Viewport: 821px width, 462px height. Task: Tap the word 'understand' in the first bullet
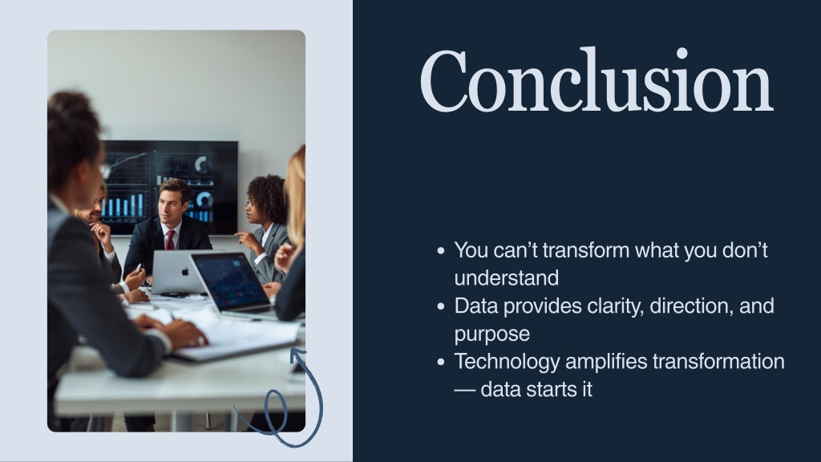(x=507, y=278)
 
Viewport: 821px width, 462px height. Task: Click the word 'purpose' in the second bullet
(x=492, y=334)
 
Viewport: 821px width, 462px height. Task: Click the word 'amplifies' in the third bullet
(x=606, y=362)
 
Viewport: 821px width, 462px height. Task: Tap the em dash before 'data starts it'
(x=465, y=390)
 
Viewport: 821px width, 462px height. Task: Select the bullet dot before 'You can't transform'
(x=441, y=251)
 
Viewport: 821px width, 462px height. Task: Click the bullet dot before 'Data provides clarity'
(x=441, y=306)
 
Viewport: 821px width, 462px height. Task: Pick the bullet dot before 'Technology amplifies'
(x=441, y=362)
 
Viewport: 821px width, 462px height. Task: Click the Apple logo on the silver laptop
(x=185, y=272)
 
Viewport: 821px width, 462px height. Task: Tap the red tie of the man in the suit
(x=170, y=240)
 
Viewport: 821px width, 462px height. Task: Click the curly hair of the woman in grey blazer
(x=268, y=197)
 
